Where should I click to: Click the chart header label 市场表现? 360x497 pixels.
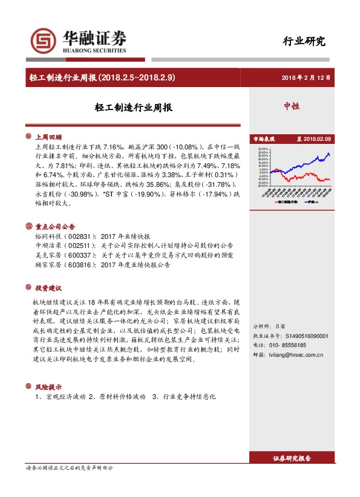pos(263,139)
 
